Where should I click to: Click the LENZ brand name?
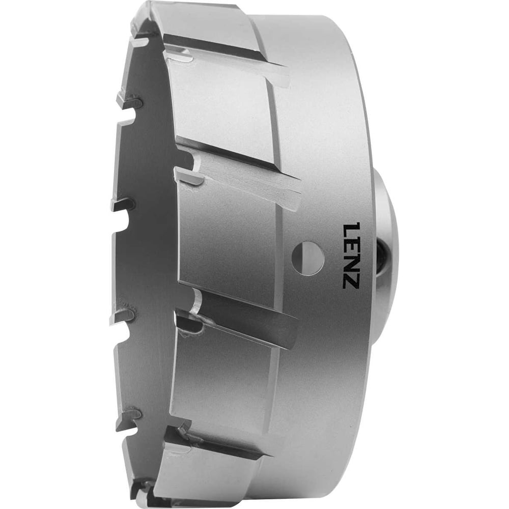351,255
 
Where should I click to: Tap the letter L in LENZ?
351,228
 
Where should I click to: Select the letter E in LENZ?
351,245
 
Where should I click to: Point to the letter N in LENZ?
351,263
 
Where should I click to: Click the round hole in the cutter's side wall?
308,257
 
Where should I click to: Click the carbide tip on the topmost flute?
178,53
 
